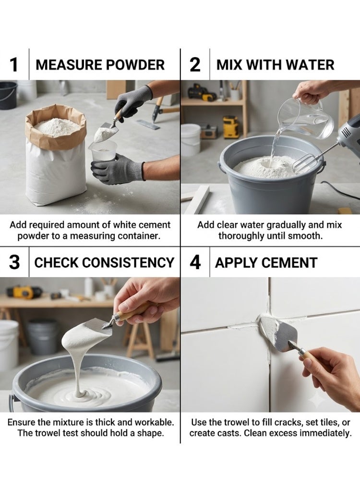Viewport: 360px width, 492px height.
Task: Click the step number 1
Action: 14,65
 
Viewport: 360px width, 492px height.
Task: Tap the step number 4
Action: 195,263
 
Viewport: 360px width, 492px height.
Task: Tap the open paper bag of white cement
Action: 56,154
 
